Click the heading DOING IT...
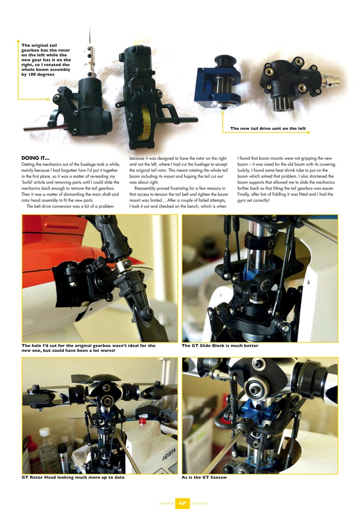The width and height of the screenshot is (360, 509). click(x=35, y=158)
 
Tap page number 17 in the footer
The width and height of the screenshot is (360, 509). click(x=182, y=503)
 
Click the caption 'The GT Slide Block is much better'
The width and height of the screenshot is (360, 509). click(x=220, y=346)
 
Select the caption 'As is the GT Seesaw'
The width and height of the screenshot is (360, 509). click(x=204, y=477)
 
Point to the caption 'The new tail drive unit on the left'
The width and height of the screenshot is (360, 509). click(x=268, y=128)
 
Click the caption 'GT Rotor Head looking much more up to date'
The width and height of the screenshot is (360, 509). click(x=73, y=477)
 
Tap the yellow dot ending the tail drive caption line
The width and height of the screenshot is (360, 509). click(x=309, y=132)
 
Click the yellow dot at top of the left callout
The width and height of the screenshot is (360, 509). click(x=18, y=41)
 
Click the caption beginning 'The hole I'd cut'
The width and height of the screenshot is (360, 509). click(x=88, y=348)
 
